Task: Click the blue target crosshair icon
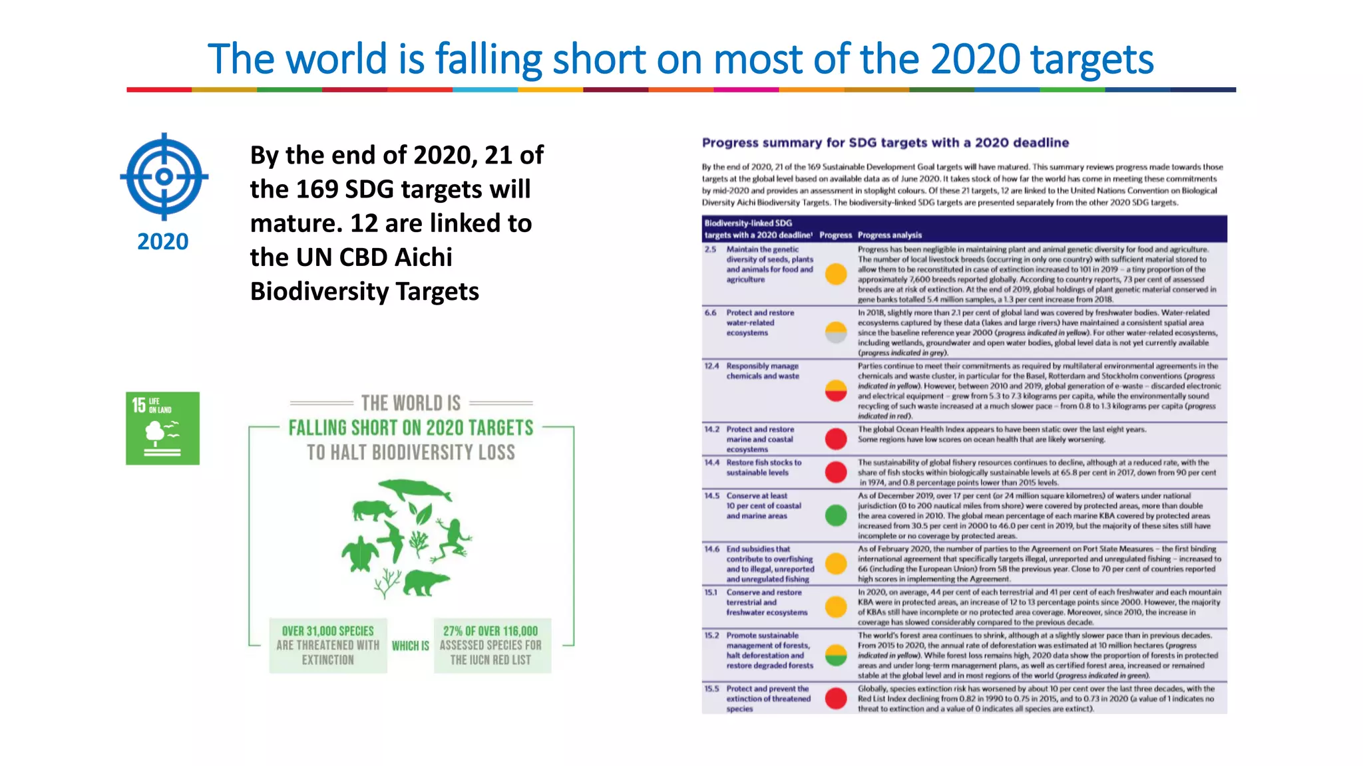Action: pyautogui.click(x=164, y=176)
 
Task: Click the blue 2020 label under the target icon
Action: pyautogui.click(x=163, y=241)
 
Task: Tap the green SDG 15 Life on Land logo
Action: pyautogui.click(x=162, y=428)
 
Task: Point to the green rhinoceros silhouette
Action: pyautogui.click(x=373, y=511)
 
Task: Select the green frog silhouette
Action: pyautogui.click(x=453, y=537)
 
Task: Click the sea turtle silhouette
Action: pyautogui.click(x=360, y=552)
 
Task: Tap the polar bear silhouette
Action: pyautogui.click(x=426, y=582)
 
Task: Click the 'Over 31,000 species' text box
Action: pyautogui.click(x=328, y=646)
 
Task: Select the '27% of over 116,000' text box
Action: pyautogui.click(x=491, y=646)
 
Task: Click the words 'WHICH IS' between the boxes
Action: pyautogui.click(x=410, y=646)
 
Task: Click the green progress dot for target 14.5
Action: pyautogui.click(x=836, y=515)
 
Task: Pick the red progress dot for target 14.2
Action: pyautogui.click(x=836, y=439)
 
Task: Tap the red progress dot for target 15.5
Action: pyautogui.click(x=836, y=698)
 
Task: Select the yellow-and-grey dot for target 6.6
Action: pyautogui.click(x=836, y=332)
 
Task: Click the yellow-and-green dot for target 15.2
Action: pyautogui.click(x=836, y=655)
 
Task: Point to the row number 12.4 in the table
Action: pyautogui.click(x=711, y=366)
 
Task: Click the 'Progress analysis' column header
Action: pyautogui.click(x=889, y=235)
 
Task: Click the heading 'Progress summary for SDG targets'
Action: pyautogui.click(x=885, y=142)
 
